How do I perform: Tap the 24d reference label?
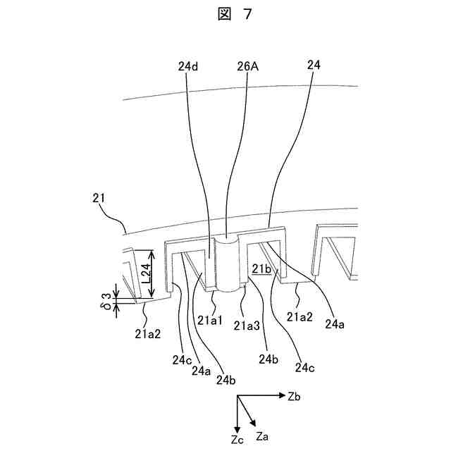click(x=187, y=66)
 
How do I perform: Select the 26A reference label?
click(x=247, y=66)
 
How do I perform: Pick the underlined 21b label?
click(x=261, y=268)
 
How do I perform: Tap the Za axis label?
click(x=262, y=436)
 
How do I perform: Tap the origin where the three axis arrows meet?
click(x=237, y=397)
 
